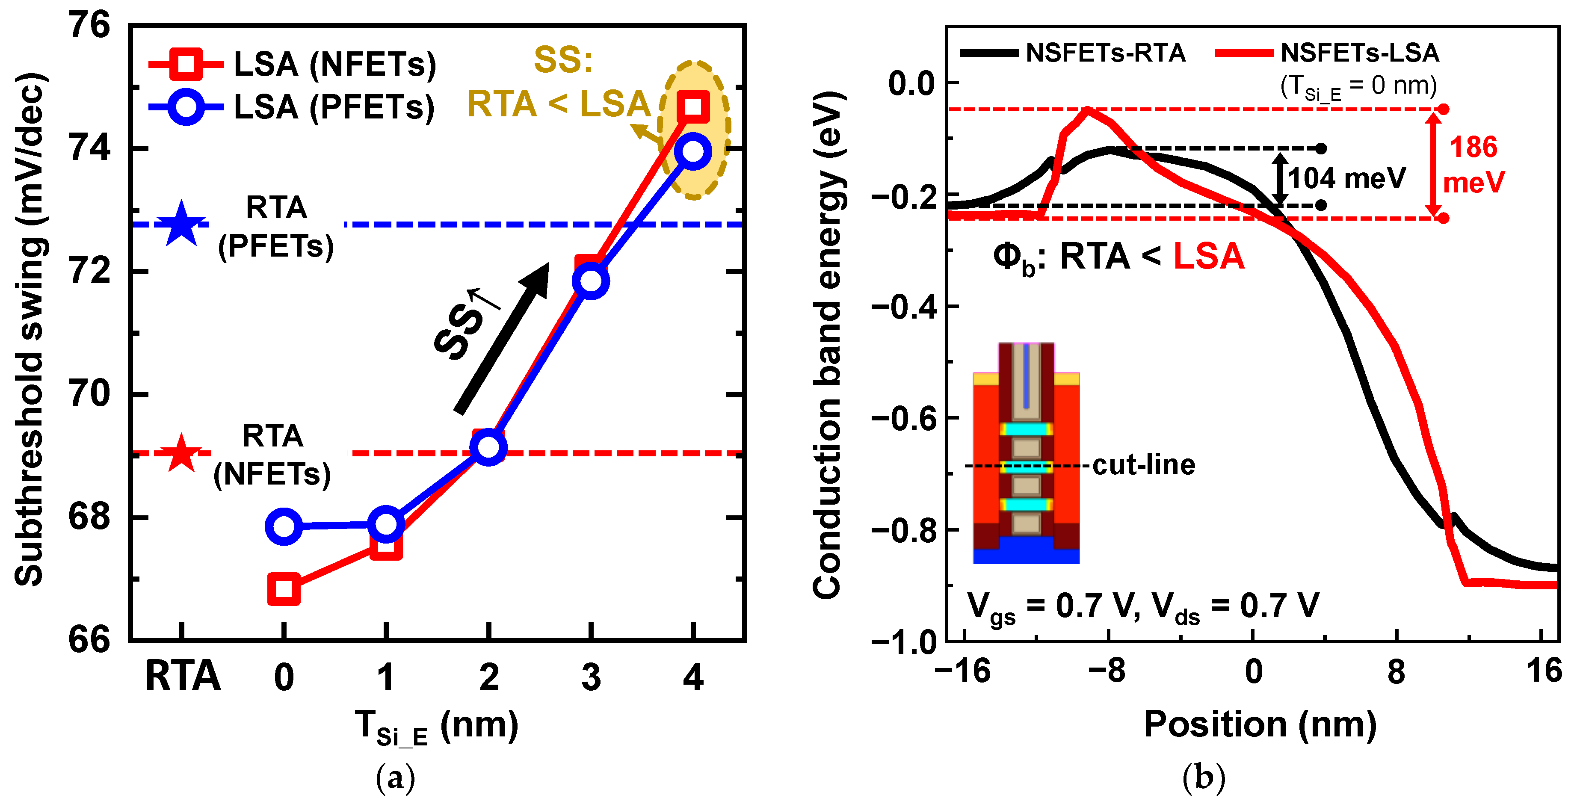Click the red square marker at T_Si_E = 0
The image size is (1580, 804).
pyautogui.click(x=284, y=589)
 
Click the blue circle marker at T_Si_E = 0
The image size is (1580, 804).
pyautogui.click(x=284, y=526)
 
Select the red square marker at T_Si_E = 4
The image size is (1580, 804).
pyautogui.click(x=693, y=106)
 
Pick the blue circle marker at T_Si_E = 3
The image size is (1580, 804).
pyautogui.click(x=590, y=281)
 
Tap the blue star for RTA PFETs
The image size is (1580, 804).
pyautogui.click(x=181, y=225)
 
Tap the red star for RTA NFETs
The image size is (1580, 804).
pyautogui.click(x=181, y=454)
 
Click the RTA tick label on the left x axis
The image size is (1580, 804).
pyautogui.click(x=182, y=677)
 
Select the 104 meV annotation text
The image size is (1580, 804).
pyautogui.click(x=1346, y=178)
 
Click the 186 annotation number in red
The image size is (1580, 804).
pyautogui.click(x=1473, y=147)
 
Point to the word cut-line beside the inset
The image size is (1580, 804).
pyautogui.click(x=1143, y=465)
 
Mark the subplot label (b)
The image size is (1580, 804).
pyautogui.click(x=1204, y=777)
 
